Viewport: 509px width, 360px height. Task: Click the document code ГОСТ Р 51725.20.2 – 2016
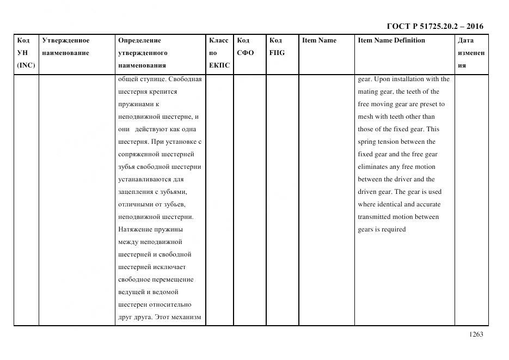point(434,26)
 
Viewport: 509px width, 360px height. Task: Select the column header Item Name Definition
point(391,40)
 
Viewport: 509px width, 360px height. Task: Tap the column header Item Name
point(319,40)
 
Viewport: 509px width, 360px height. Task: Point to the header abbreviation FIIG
point(277,53)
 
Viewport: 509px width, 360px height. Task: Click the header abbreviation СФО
point(245,53)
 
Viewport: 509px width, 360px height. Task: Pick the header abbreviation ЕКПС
point(219,65)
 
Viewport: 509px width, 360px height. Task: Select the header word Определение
point(139,40)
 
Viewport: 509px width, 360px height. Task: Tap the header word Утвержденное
point(65,40)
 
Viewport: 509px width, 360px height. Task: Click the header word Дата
point(465,40)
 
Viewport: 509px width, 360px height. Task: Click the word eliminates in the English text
point(374,167)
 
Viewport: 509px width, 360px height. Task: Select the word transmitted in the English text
point(375,217)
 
